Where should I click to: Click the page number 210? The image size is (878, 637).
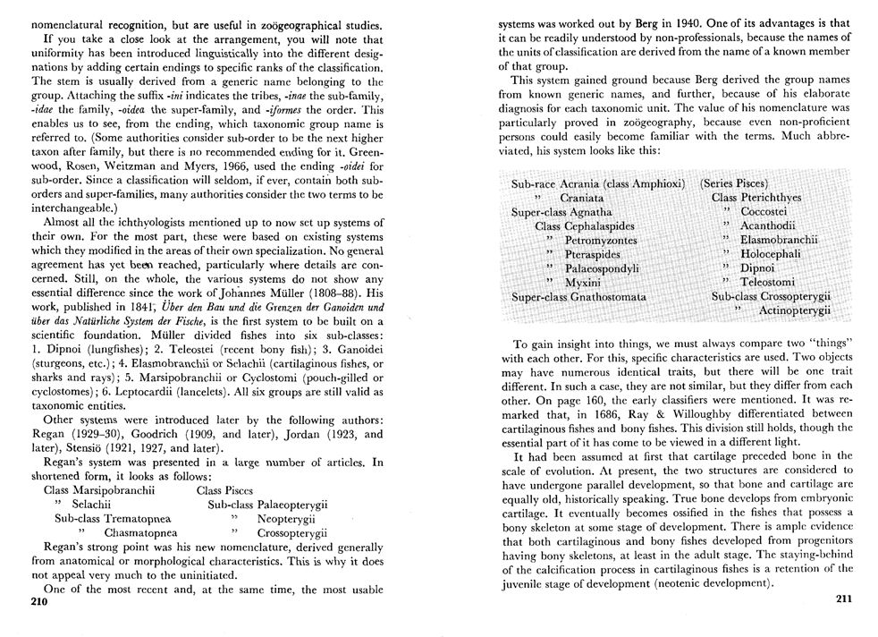37,602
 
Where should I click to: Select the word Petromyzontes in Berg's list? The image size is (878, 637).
601,241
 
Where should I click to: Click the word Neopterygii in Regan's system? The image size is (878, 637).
288,518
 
